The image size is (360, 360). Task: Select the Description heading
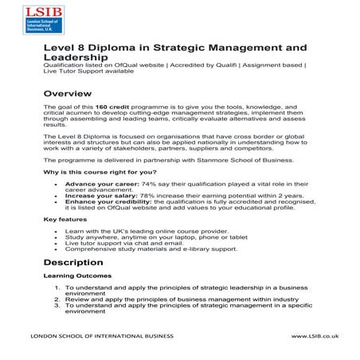73,262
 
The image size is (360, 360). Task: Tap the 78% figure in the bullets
147,194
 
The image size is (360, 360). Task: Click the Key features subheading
65,219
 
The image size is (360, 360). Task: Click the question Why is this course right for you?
99,172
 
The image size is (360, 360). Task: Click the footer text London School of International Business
101,337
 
